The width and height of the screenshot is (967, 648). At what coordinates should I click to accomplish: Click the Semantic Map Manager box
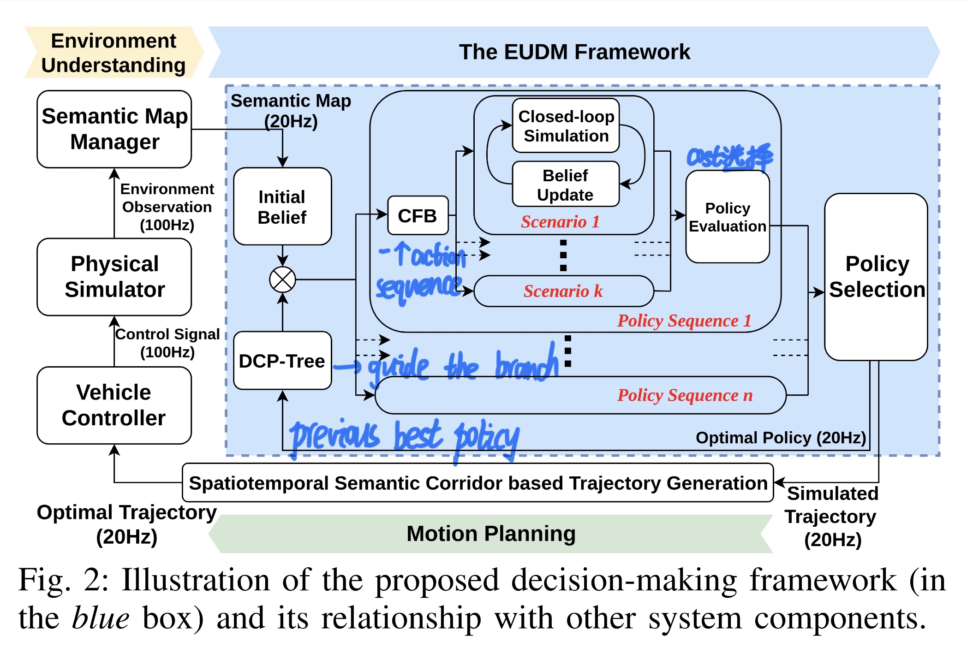click(x=114, y=129)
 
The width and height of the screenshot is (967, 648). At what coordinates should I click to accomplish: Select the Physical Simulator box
click(x=114, y=277)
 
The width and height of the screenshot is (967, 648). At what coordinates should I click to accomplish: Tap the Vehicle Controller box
click(x=114, y=405)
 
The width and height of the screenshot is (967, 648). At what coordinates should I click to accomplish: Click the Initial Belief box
click(x=282, y=207)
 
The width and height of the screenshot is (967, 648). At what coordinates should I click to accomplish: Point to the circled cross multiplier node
click(x=282, y=279)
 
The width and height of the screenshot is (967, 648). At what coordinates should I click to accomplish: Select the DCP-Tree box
click(x=282, y=361)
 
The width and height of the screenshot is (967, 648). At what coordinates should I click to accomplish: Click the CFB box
click(x=418, y=216)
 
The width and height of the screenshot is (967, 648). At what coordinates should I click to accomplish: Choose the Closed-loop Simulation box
click(x=566, y=126)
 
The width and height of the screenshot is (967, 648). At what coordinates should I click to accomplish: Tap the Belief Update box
click(x=566, y=184)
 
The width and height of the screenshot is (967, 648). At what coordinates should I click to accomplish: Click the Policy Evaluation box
click(x=727, y=217)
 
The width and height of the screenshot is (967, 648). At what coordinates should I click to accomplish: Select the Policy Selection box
click(x=876, y=277)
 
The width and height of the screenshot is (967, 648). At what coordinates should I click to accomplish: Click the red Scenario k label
click(x=563, y=291)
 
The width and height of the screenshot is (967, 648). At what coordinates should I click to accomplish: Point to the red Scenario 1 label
click(x=560, y=222)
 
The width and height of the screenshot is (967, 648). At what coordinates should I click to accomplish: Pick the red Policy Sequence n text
click(x=685, y=395)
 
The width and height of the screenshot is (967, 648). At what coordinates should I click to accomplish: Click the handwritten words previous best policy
click(x=404, y=436)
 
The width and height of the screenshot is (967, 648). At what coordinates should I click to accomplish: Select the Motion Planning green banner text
click(x=491, y=534)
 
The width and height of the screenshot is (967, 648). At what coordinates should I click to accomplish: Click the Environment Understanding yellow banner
click(x=113, y=53)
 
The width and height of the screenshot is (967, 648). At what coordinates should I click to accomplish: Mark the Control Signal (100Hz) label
click(x=167, y=343)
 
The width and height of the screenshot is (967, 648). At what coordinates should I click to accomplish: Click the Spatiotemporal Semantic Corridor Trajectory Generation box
click(x=478, y=483)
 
